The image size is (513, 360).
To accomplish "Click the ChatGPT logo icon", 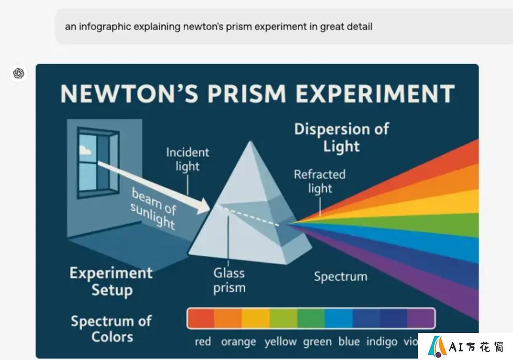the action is coord(19,73).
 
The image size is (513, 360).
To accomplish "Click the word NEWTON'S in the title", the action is coord(130,94).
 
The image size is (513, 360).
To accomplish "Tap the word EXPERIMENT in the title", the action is coord(375,94).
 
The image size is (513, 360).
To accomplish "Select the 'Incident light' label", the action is coord(188,159).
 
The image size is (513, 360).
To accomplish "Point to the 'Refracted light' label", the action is coord(320,181).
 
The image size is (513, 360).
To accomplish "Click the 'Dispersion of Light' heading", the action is coord(342,137).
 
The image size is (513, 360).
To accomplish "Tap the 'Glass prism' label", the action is coord(229,281).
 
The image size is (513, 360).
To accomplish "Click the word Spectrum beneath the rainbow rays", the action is coord(341,277).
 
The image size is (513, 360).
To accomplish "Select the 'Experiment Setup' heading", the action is coord(111,281).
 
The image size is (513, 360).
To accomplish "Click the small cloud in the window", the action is coord(85,150).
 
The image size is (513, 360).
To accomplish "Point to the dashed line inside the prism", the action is coord(247,216).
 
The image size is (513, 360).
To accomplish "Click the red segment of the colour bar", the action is coord(201,318).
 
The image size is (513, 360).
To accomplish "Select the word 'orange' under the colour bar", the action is coord(238,342).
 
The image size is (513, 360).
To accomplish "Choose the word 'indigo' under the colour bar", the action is coord(382,341).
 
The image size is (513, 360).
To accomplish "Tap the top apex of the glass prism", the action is coord(251,141).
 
